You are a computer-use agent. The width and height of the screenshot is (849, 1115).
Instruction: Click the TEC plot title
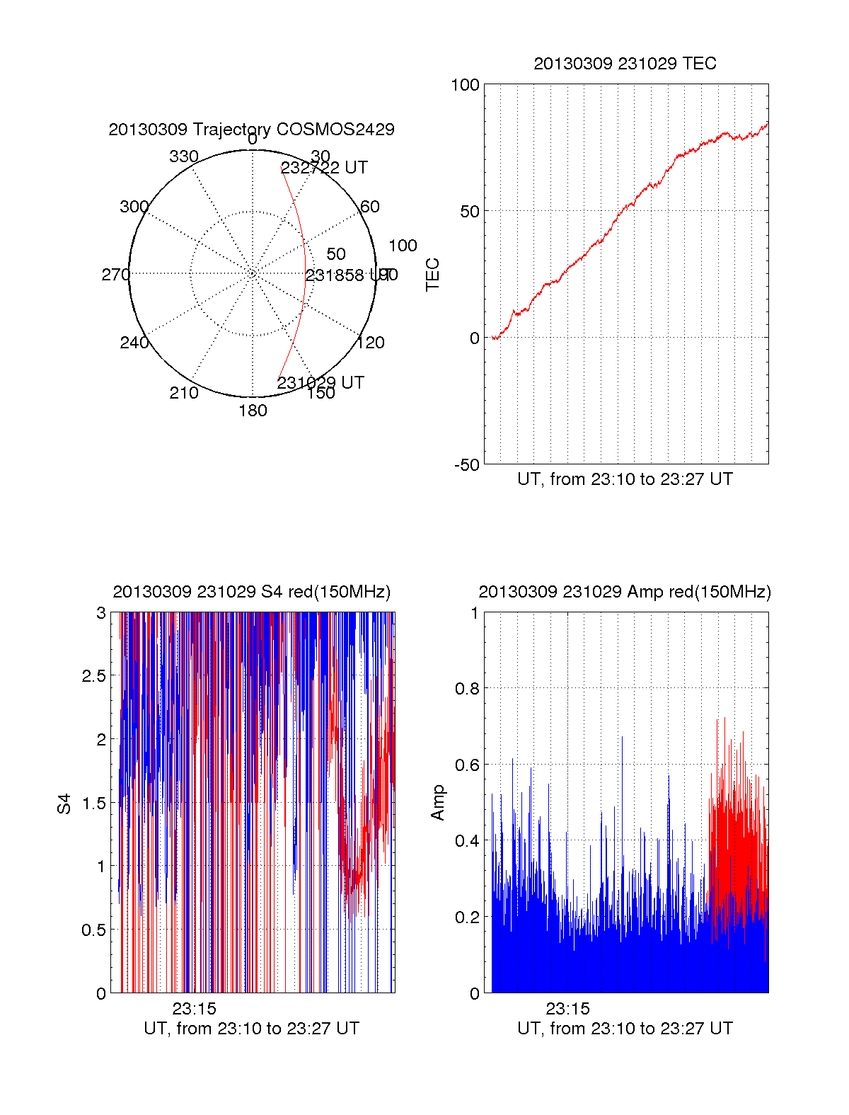pyautogui.click(x=625, y=64)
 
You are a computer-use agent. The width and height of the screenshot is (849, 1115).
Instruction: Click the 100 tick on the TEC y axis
pyautogui.click(x=465, y=85)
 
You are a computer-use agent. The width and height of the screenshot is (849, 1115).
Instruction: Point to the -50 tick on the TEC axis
pyautogui.click(x=467, y=464)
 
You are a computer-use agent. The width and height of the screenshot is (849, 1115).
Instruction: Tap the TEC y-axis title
pyautogui.click(x=432, y=275)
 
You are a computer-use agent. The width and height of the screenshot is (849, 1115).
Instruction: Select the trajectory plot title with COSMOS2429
pyautogui.click(x=251, y=130)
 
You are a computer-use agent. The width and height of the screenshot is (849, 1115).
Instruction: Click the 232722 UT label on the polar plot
pyautogui.click(x=324, y=168)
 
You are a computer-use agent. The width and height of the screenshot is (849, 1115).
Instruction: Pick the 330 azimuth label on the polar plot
pyautogui.click(x=184, y=156)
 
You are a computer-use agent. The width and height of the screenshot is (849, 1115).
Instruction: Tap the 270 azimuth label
pyautogui.click(x=115, y=275)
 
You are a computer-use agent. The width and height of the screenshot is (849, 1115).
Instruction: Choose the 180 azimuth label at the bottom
pyautogui.click(x=253, y=411)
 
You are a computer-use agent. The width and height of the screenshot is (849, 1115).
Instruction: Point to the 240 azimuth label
pyautogui.click(x=134, y=343)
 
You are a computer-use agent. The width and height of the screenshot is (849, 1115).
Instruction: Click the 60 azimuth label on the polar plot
pyautogui.click(x=370, y=207)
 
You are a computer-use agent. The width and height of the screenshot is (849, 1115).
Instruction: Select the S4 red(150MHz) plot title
pyautogui.click(x=251, y=592)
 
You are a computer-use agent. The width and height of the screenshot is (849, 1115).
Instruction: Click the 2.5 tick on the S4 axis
pyautogui.click(x=93, y=676)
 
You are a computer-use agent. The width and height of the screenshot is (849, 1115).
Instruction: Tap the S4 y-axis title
pyautogui.click(x=64, y=804)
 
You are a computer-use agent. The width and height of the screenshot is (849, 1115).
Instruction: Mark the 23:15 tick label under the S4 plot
pyautogui.click(x=194, y=1009)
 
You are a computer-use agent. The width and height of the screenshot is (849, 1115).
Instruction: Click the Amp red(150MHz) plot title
pyautogui.click(x=625, y=592)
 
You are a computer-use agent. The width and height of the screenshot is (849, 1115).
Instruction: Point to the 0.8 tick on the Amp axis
pyautogui.click(x=465, y=689)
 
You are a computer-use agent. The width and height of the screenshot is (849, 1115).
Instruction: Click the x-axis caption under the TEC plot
pyautogui.click(x=625, y=479)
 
